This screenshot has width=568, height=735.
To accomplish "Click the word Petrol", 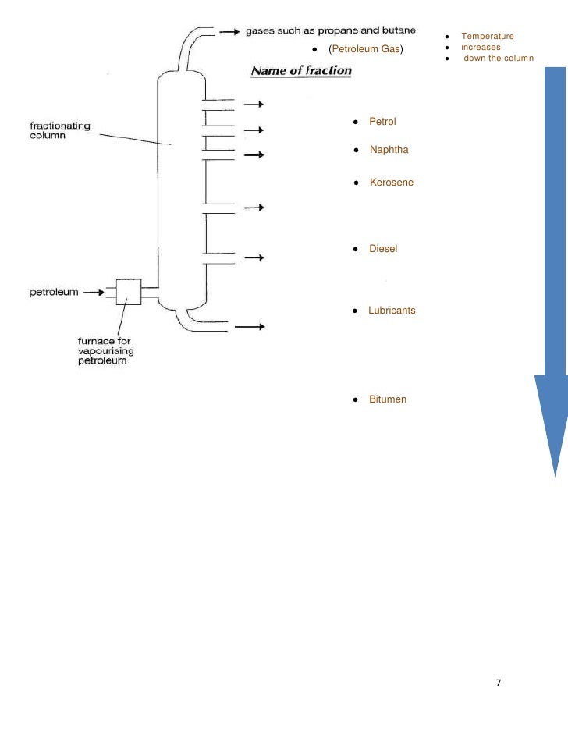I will (382, 123).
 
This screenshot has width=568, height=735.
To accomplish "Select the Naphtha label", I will (389, 150).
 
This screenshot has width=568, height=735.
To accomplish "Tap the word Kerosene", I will (391, 183).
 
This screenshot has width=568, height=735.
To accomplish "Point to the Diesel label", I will (383, 249).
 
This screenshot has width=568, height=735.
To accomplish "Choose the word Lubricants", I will (392, 311).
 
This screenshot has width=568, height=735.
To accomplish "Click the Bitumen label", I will (387, 399).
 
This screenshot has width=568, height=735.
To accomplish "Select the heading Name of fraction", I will (300, 71).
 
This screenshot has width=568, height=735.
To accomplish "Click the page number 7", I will (499, 684).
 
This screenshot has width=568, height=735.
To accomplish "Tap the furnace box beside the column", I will (129, 293).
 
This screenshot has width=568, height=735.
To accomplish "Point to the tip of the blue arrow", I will (555, 474).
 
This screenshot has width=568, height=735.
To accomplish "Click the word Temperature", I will (488, 37).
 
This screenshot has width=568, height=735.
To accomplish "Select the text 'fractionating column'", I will (60, 130).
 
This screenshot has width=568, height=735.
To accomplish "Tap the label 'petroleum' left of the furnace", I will (54, 293).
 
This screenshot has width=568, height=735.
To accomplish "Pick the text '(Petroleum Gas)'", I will (365, 51).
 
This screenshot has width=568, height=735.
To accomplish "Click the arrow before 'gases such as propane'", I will (229, 32).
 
